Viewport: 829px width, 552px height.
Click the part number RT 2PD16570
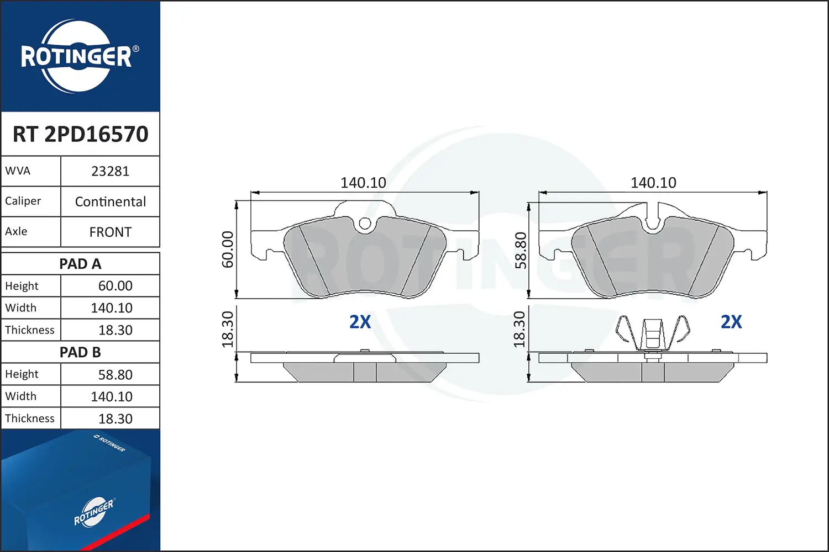80,134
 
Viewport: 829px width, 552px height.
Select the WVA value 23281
111,171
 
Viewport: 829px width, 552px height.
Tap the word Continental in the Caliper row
111,201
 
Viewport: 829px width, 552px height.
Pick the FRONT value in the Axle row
111,232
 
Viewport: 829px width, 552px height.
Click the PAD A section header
80,264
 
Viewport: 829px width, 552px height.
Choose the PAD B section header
80,352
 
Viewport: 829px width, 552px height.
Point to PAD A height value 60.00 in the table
115,286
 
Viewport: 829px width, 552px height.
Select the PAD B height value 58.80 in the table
115,374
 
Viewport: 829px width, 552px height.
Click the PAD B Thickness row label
30,418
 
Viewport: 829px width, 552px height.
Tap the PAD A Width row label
21,307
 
